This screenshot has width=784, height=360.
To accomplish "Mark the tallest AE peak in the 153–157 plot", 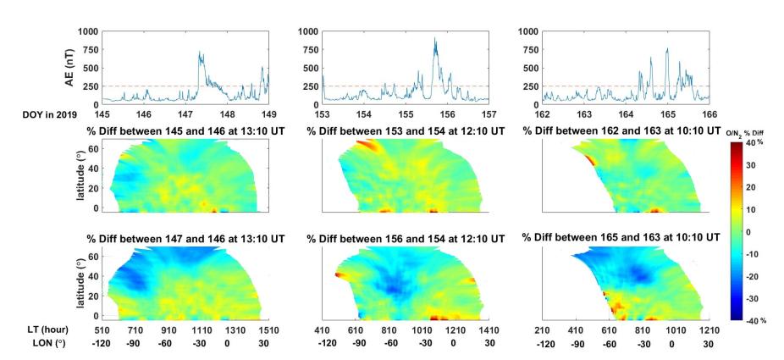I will (435, 38).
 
